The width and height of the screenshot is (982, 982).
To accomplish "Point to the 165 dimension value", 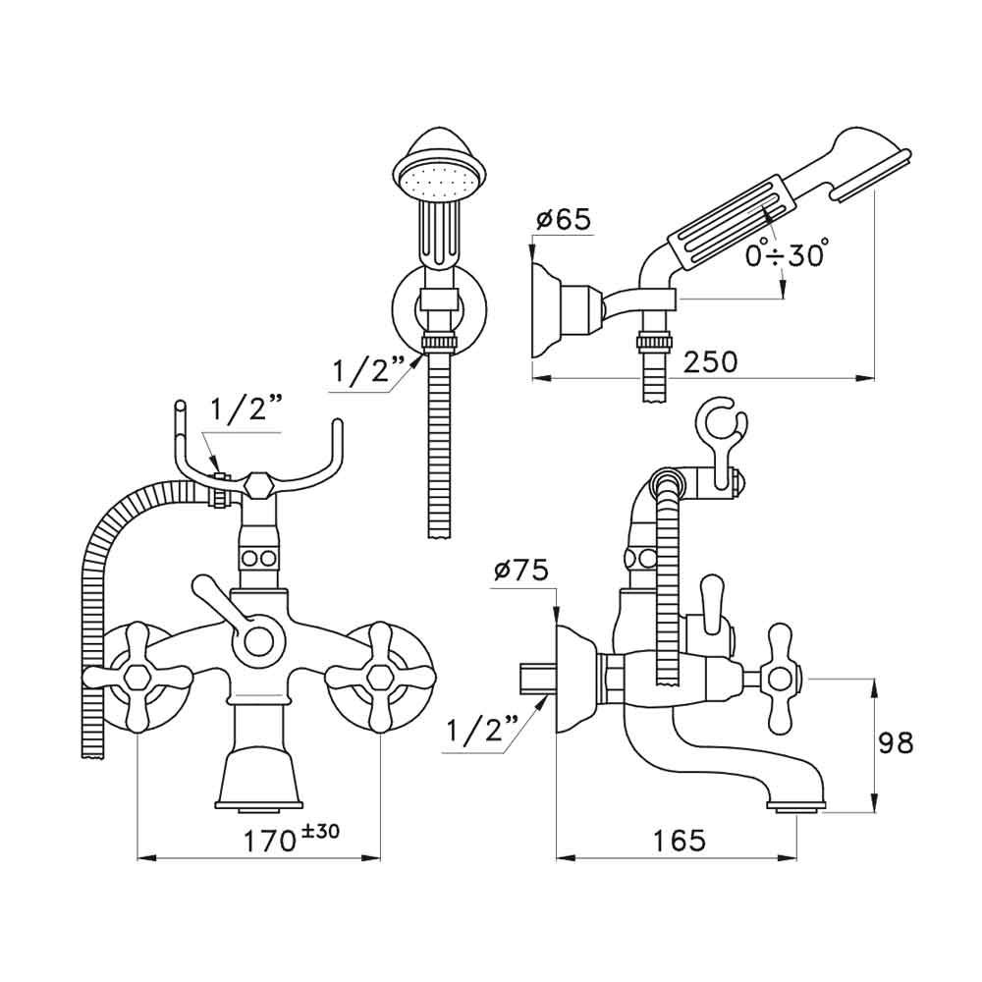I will click(x=678, y=840).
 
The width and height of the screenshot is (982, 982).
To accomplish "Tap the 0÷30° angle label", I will click(x=786, y=255).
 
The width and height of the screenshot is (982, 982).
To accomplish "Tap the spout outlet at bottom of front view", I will click(x=258, y=807).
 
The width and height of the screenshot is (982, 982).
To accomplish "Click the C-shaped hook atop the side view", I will click(x=722, y=423).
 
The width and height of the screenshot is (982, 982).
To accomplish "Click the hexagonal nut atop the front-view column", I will click(x=258, y=484).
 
